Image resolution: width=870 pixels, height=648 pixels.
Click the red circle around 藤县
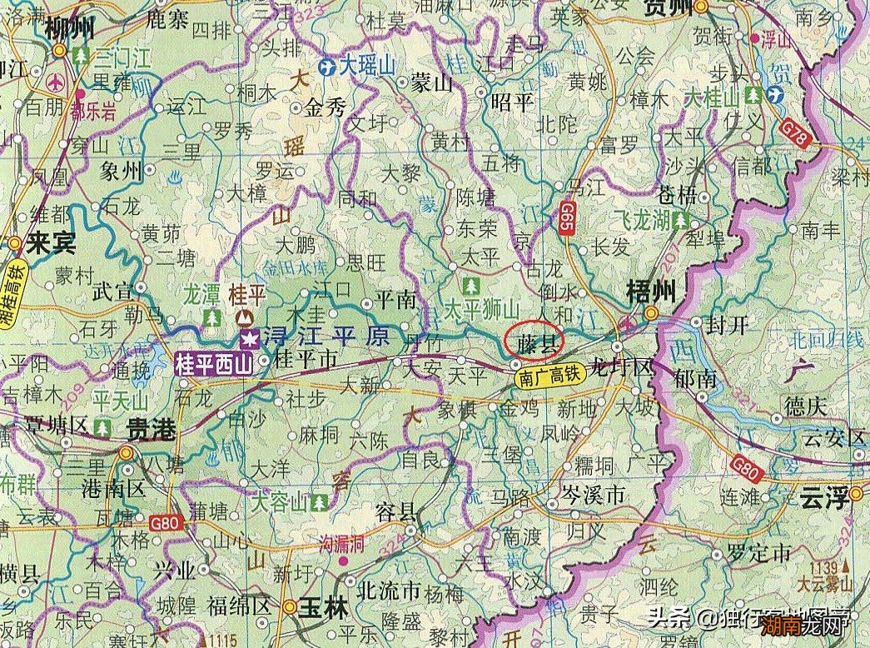pos(534,341)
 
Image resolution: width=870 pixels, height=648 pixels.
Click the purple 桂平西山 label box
pos(213,364)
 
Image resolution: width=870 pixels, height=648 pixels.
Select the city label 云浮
pos(824,499)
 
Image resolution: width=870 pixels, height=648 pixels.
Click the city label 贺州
pos(669,8)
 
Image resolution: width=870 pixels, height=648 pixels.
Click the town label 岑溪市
pos(593,496)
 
